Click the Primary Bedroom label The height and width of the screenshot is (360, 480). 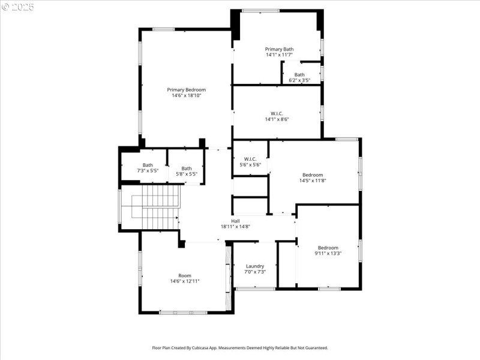[x=186, y=89]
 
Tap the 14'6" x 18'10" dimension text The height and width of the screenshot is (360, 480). [x=186, y=95]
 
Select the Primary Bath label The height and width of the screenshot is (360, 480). [x=279, y=49]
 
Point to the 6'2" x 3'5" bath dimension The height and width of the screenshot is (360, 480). [x=299, y=80]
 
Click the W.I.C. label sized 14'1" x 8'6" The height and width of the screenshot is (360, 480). [x=277, y=113]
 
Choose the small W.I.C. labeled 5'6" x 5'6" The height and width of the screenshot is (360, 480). [x=250, y=159]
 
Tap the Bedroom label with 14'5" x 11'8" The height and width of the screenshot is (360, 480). [x=311, y=175]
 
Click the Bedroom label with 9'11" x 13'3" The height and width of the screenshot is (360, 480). [x=328, y=248]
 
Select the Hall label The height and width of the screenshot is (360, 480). [x=235, y=221]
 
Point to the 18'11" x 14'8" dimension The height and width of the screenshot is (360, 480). [x=235, y=227]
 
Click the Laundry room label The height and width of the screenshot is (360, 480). [x=255, y=266]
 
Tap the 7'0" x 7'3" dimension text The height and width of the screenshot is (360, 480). [x=255, y=272]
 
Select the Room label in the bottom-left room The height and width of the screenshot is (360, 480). [x=185, y=275]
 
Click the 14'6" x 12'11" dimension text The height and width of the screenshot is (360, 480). [x=185, y=281]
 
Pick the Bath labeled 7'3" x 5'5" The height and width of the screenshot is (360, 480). [x=148, y=165]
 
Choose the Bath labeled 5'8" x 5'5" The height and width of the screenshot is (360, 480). [x=187, y=169]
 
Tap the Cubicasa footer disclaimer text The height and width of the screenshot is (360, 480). [x=240, y=347]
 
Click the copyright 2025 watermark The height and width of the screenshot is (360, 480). [x=18, y=7]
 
